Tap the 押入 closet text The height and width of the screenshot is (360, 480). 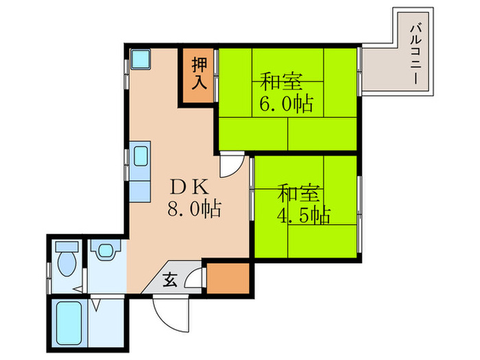click(199, 73)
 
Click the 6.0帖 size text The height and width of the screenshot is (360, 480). click(286, 104)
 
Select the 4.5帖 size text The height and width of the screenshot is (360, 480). click(303, 215)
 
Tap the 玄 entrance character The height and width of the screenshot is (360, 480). click(169, 279)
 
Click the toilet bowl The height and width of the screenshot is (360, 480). click(67, 263)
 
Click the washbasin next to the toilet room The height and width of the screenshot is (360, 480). click(104, 251)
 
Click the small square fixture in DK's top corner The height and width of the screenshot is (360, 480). click(142, 60)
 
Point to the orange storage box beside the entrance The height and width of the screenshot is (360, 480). click(228, 278)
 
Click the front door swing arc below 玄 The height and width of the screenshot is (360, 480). click(168, 312)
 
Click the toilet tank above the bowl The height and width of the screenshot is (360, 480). click(66, 245)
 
